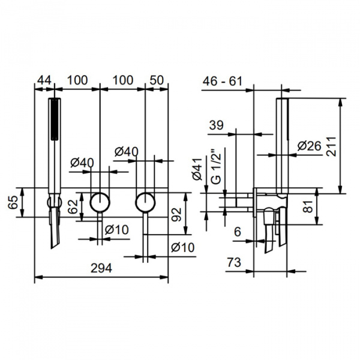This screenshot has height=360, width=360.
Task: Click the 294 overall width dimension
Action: [101, 268]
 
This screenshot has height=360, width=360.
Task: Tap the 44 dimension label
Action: [44, 80]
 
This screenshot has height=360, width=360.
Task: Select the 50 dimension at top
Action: [157, 80]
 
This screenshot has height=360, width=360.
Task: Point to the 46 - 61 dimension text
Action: [222, 81]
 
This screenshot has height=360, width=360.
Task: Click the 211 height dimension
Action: [331, 146]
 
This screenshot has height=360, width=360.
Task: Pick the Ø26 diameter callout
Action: [309, 146]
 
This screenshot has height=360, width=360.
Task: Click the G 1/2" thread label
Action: [215, 167]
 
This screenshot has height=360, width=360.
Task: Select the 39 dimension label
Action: [216, 125]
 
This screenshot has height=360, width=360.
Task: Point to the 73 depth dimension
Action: [234, 262]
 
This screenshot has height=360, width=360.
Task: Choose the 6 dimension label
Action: [238, 232]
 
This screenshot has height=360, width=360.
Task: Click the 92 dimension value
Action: [176, 215]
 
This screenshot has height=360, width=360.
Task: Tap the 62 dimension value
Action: [73, 206]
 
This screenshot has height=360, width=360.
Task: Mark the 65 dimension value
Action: [13, 202]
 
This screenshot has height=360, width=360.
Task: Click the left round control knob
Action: [100, 202]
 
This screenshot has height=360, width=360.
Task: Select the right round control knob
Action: [145, 202]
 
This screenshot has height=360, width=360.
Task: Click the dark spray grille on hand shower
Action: [54, 119]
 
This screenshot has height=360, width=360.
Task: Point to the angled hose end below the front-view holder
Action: [55, 228]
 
